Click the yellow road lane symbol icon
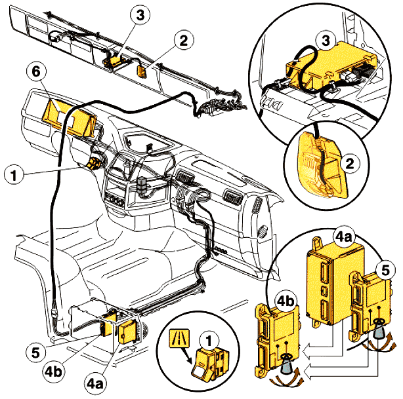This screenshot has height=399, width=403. coord(178,339)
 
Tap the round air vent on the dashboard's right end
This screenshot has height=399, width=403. coord(263,231)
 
